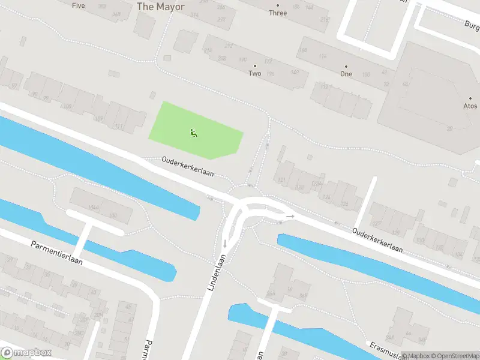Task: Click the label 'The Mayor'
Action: tap(160, 7)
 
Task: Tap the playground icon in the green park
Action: tap(193, 133)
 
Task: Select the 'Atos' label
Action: tap(470, 106)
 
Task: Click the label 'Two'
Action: tap(255, 74)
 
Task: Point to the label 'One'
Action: tap(346, 74)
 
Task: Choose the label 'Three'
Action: tap(278, 13)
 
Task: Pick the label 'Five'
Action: tap(79, 5)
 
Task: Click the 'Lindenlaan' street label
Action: tap(217, 273)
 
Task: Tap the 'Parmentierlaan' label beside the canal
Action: tap(57, 253)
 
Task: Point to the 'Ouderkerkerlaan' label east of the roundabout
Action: tap(376, 240)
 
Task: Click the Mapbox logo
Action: tap(26, 353)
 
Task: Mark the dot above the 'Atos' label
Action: tap(470, 98)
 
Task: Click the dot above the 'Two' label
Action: tap(255, 65)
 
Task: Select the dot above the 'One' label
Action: tap(346, 65)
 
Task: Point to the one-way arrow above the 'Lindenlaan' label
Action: tap(225, 243)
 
